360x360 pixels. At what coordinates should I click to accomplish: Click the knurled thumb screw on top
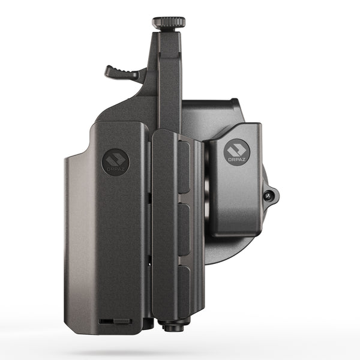pyautogui.click(x=168, y=23)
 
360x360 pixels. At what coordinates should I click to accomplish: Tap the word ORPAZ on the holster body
pyautogui.click(x=115, y=170)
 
